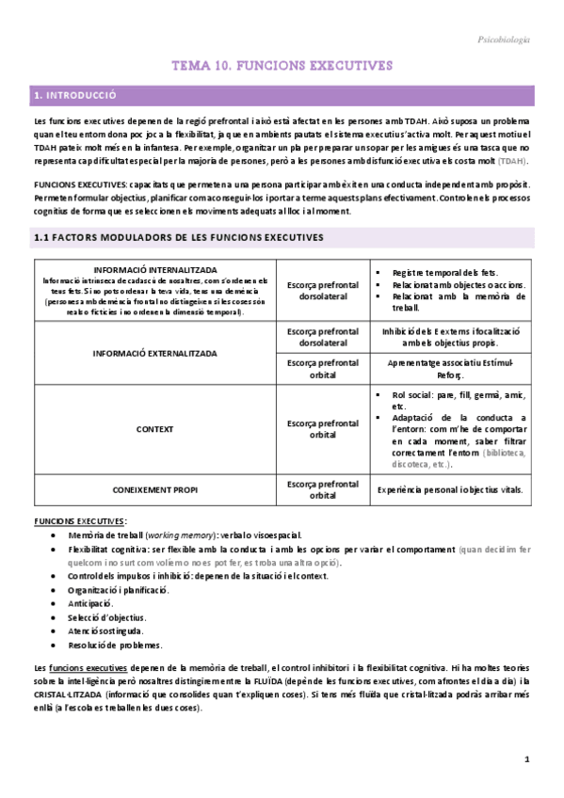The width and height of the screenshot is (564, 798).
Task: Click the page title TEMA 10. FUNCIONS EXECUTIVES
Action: (x=282, y=66)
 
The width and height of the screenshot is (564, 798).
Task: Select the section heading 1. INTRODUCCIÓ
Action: (x=74, y=96)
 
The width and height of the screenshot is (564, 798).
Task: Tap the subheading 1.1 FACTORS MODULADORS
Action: (x=178, y=237)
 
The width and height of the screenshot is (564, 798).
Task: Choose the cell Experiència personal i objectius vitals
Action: (x=451, y=490)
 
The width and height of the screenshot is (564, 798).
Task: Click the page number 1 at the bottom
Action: (x=527, y=759)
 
